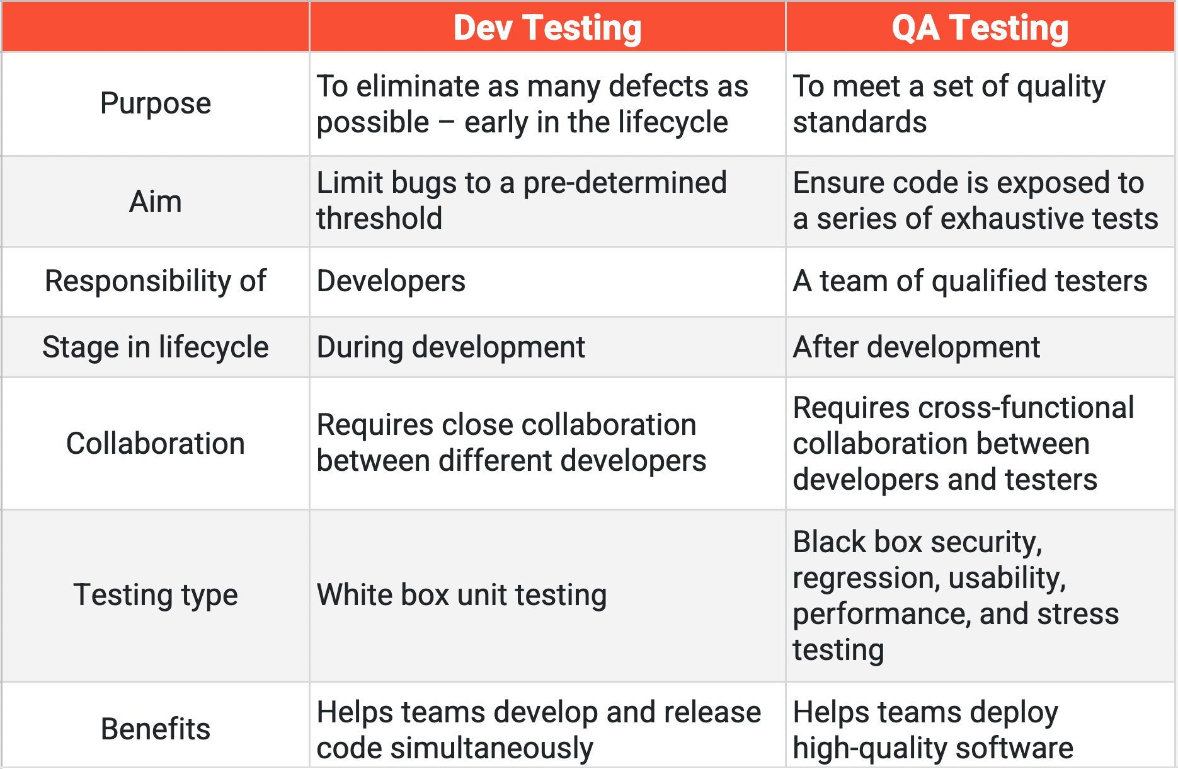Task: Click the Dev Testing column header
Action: pos(547,28)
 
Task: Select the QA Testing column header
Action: pos(980,28)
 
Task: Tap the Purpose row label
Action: pos(156,103)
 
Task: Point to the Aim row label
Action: pos(156,202)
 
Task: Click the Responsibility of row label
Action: pos(156,281)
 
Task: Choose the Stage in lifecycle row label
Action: pos(156,347)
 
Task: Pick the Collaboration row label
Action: pos(156,444)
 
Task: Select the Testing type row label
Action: pos(156,595)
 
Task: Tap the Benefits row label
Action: pos(156,729)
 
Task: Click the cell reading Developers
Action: pos(391,281)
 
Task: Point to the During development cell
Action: pos(451,347)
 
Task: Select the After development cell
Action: pos(917,347)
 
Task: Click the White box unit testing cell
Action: pos(462,595)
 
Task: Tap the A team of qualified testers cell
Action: pos(970,281)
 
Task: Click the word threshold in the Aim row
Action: pos(379,219)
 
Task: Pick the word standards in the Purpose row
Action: pos(860,122)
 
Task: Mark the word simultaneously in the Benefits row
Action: pos(491,748)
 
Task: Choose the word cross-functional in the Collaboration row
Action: pos(1026,408)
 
